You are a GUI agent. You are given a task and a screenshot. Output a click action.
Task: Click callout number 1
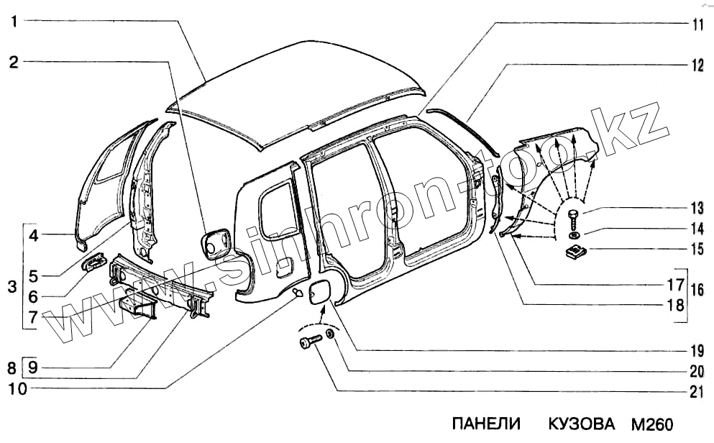[14, 21]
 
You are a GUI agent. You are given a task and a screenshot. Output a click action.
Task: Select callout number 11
[697, 24]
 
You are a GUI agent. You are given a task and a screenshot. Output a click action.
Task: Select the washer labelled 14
[573, 235]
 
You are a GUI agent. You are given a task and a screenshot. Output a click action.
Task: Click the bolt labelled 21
[309, 343]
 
